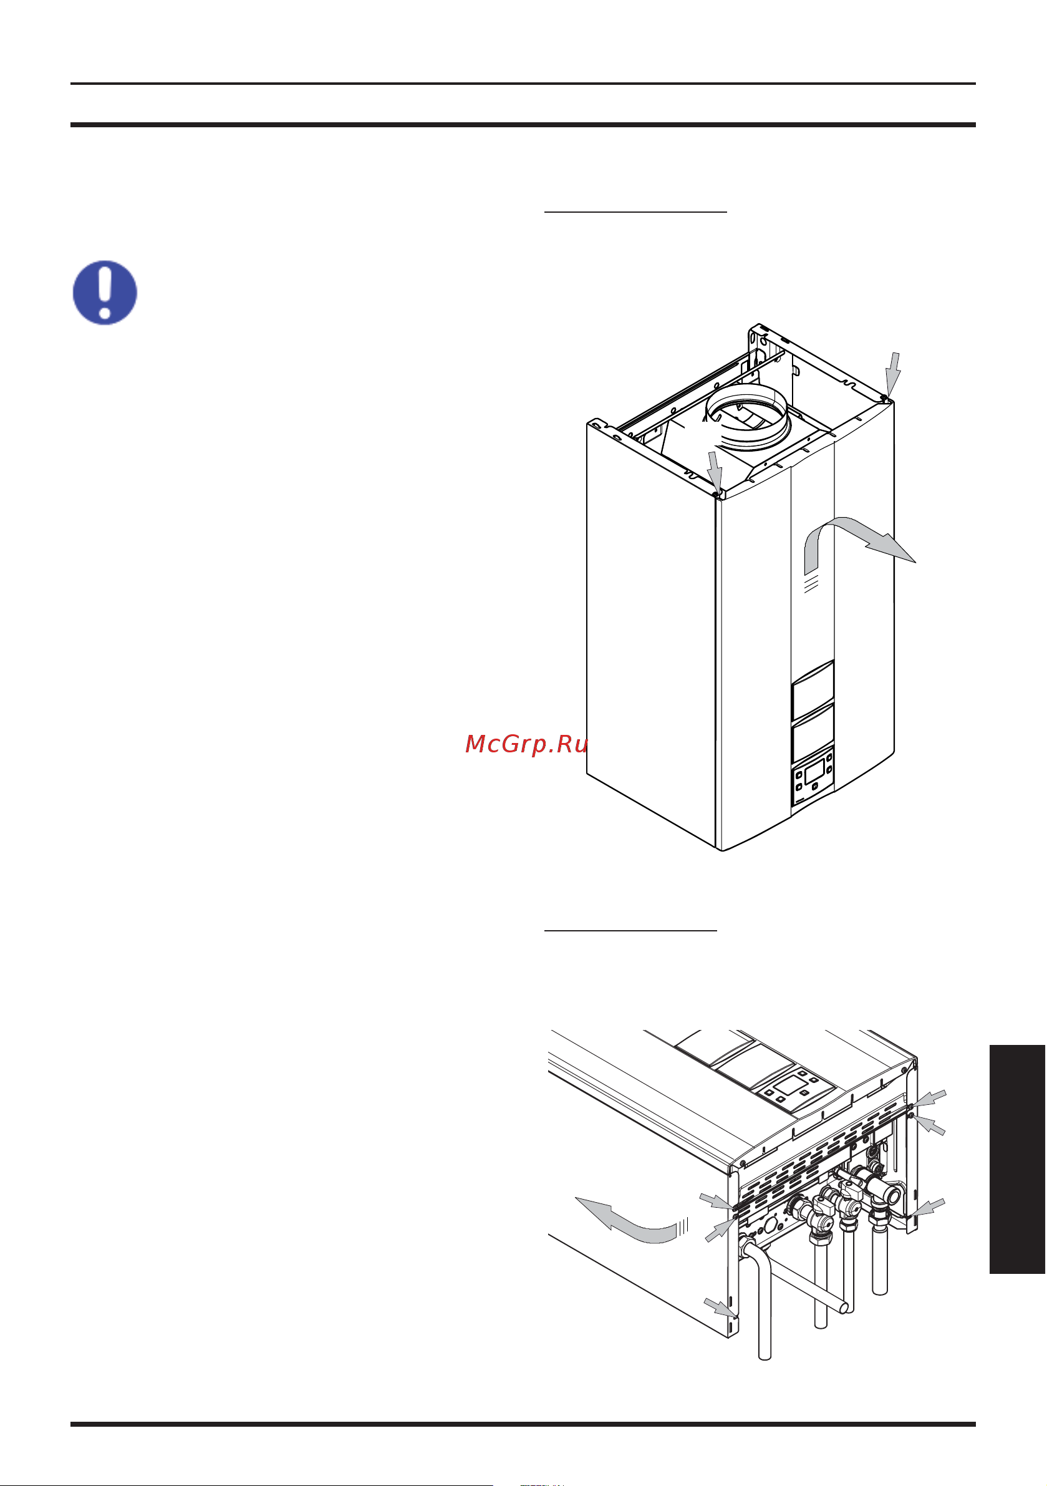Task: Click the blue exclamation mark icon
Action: (105, 293)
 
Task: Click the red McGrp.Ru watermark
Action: (526, 744)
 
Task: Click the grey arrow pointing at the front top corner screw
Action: (715, 471)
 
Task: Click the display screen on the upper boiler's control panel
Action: (814, 771)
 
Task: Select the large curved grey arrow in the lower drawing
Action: (628, 1221)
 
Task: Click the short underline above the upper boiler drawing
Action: (635, 211)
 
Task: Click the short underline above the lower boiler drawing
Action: (630, 931)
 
